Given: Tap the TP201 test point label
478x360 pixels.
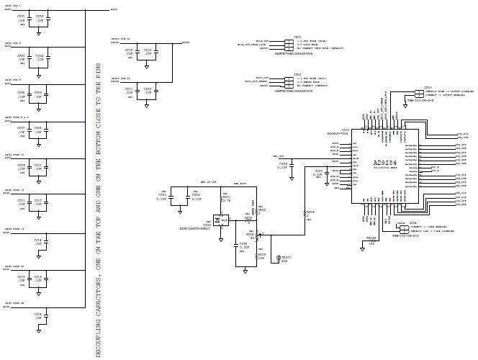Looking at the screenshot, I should point(286,257).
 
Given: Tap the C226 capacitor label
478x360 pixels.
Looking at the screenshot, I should point(283,164).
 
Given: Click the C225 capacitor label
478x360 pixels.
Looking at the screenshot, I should point(243,244).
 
